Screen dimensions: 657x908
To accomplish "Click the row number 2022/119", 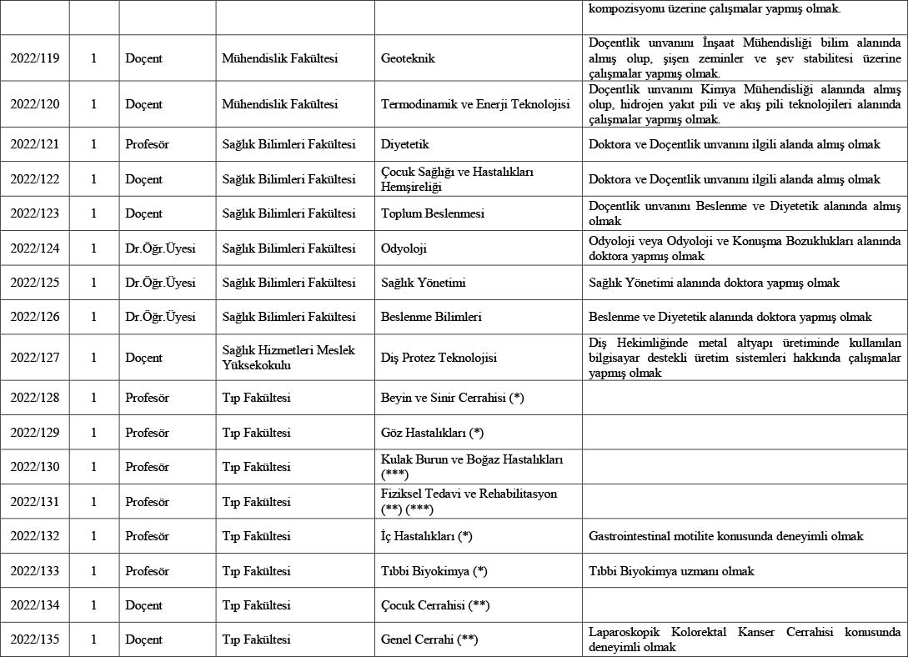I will coord(34,58).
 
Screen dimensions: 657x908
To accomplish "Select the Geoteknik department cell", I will coord(408,58).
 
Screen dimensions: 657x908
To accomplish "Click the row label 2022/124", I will coord(34,248).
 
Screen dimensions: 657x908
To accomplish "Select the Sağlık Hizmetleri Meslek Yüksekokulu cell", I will coord(288,358).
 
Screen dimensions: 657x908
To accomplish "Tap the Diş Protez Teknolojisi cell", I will coord(439,358).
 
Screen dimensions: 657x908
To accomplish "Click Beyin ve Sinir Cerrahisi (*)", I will coord(452,398).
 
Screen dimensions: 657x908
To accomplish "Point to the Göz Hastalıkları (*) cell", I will coord(432,432).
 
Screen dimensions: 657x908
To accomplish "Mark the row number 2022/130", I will coord(34,467).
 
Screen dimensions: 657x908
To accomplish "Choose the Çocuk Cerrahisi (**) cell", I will coord(434,604).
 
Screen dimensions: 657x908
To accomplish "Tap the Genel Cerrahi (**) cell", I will coord(429,639).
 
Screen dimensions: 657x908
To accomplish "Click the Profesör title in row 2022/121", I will coord(147,144).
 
